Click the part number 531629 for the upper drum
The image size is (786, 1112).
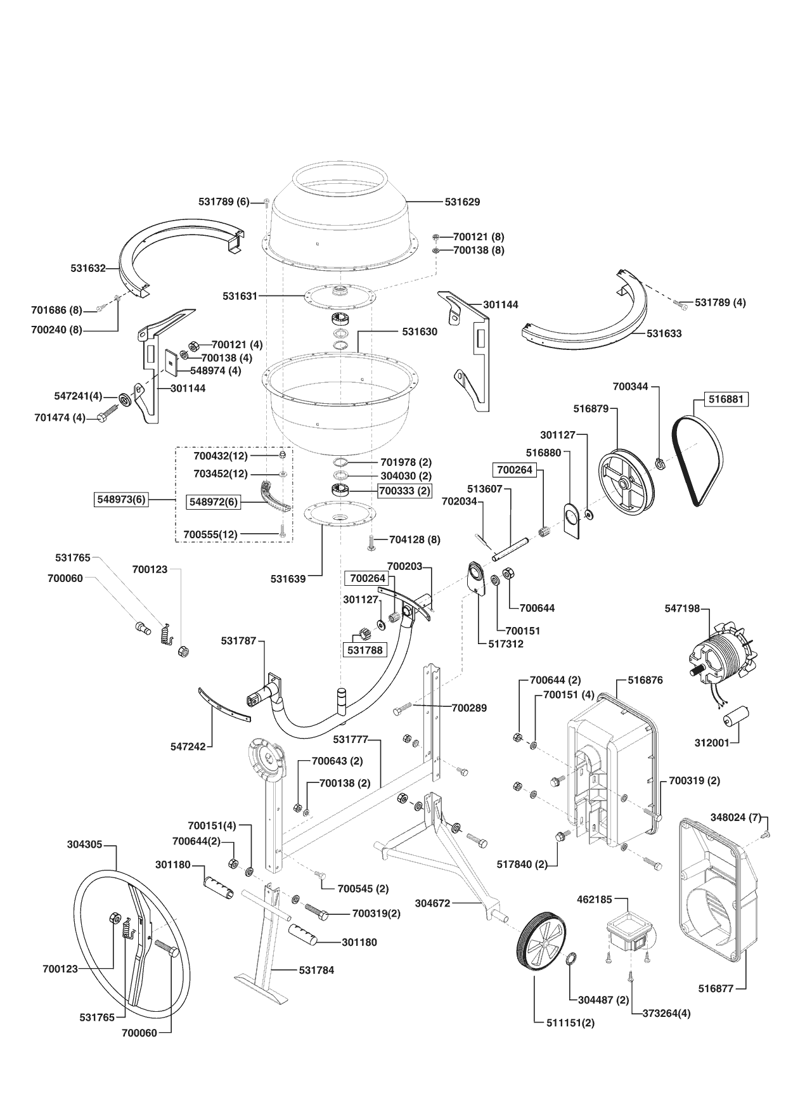[x=462, y=202]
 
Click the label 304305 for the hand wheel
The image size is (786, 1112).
[x=84, y=845]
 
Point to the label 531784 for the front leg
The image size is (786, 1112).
[x=316, y=970]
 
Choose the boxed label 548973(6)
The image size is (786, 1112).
[x=121, y=500]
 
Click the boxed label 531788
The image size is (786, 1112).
[x=365, y=650]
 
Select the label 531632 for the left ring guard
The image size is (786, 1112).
[x=88, y=269]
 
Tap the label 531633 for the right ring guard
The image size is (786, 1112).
[x=664, y=333]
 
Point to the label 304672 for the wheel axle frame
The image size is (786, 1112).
[x=432, y=903]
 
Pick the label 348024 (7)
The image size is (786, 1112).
[x=735, y=818]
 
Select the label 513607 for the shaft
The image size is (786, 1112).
[x=484, y=489]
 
